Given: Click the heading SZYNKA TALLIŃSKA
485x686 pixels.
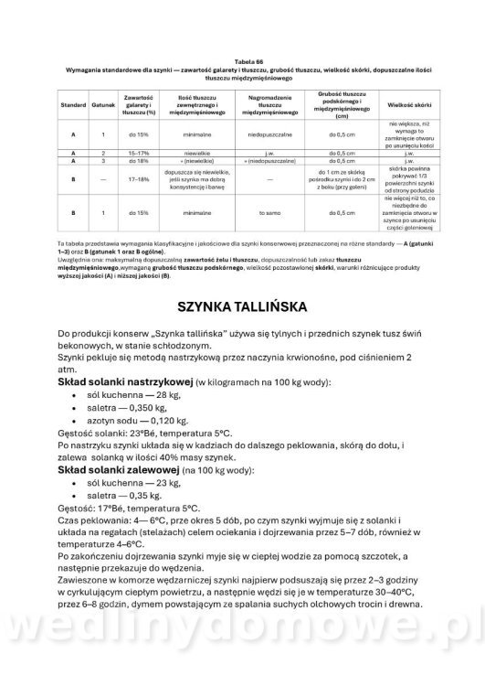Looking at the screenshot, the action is (x=242, y=304).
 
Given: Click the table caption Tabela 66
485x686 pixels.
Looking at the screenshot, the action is (x=243, y=62).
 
